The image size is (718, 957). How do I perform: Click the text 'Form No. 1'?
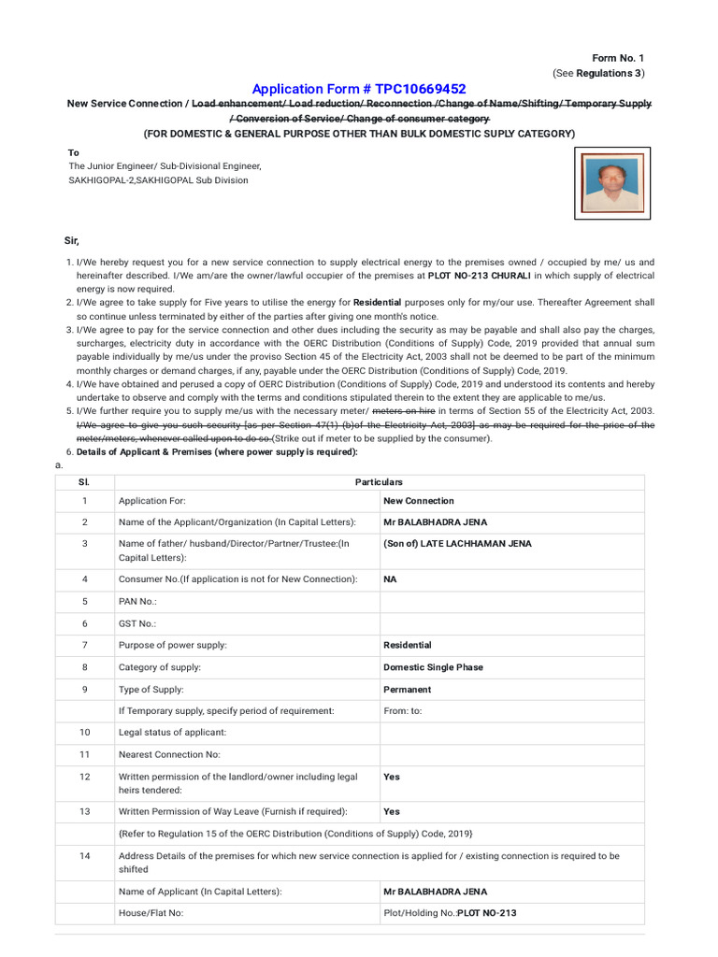pyautogui.click(x=618, y=58)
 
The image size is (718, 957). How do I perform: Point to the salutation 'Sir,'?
pyautogui.click(x=72, y=240)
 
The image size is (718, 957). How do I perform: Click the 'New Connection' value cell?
pyautogui.click(x=419, y=501)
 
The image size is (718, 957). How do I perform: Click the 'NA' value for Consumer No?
pyautogui.click(x=391, y=579)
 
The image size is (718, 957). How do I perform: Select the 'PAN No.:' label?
pyautogui.click(x=137, y=602)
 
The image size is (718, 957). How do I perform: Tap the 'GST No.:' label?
pyautogui.click(x=137, y=623)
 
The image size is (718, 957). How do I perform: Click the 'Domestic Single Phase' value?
pyautogui.click(x=434, y=667)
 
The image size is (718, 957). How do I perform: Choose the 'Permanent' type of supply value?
pyautogui.click(x=408, y=690)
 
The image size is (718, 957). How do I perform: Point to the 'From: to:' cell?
pyautogui.click(x=403, y=711)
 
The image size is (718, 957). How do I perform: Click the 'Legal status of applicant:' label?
pyautogui.click(x=172, y=733)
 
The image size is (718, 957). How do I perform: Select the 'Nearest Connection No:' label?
pyautogui.click(x=167, y=754)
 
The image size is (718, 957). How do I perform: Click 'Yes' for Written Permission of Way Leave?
pyautogui.click(x=392, y=811)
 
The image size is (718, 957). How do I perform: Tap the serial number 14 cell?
pyautogui.click(x=84, y=856)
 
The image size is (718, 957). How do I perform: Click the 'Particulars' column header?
pyautogui.click(x=379, y=482)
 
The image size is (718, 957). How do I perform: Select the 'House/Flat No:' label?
pyautogui.click(x=151, y=913)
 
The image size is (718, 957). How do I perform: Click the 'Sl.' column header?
pyautogui.click(x=84, y=482)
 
